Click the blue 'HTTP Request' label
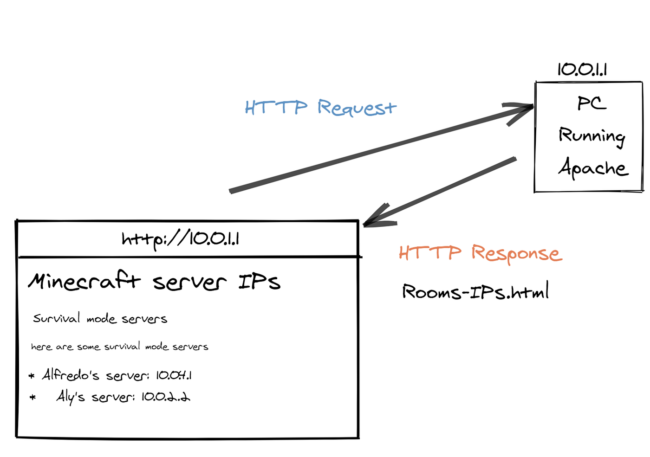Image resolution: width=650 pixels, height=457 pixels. pos(320,108)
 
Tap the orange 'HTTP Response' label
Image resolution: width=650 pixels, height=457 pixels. pos(480,253)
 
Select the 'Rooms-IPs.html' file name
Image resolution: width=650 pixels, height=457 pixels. pos(475,292)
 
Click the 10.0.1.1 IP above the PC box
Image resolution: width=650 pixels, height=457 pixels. pos(582,70)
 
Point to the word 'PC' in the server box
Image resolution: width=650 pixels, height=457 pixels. pos(591,103)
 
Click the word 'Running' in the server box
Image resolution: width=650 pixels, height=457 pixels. pos(592,136)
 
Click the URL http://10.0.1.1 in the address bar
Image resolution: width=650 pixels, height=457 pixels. pos(180,239)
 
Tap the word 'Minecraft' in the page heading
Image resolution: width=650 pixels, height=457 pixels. pos(84,281)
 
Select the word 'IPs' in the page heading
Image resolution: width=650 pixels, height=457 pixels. pos(260,282)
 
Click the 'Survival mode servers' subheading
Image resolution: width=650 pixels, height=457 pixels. pos(100,319)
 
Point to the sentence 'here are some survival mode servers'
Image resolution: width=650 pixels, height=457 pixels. pos(119,347)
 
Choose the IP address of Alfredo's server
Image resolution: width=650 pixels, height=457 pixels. pos(174,375)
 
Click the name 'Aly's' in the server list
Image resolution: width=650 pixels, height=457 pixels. pos(71,397)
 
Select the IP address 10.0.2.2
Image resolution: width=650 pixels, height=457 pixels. pos(166,397)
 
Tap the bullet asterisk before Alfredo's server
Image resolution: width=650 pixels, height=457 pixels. pos(32,376)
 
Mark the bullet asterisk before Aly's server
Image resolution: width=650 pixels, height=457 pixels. pos(32,397)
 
